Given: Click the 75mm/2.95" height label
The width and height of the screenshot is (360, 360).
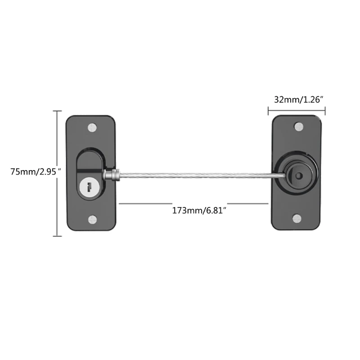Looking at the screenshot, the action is [x=33, y=171].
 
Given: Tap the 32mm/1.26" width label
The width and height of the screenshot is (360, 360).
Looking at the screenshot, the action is [x=297, y=100].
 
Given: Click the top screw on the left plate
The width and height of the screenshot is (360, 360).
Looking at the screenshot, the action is [x=93, y=127].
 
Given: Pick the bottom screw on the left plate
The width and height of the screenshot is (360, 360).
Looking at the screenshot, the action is [x=93, y=220].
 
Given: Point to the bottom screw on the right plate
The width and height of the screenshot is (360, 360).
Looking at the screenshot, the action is [x=297, y=219].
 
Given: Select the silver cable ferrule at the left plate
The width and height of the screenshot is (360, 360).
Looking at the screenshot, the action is [x=112, y=175].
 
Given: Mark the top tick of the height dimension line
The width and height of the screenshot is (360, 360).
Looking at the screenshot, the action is [x=57, y=111].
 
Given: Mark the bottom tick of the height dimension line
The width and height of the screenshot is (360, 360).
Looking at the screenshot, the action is [x=57, y=236].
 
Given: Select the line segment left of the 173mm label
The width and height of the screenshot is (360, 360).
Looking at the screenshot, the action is [x=144, y=203].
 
